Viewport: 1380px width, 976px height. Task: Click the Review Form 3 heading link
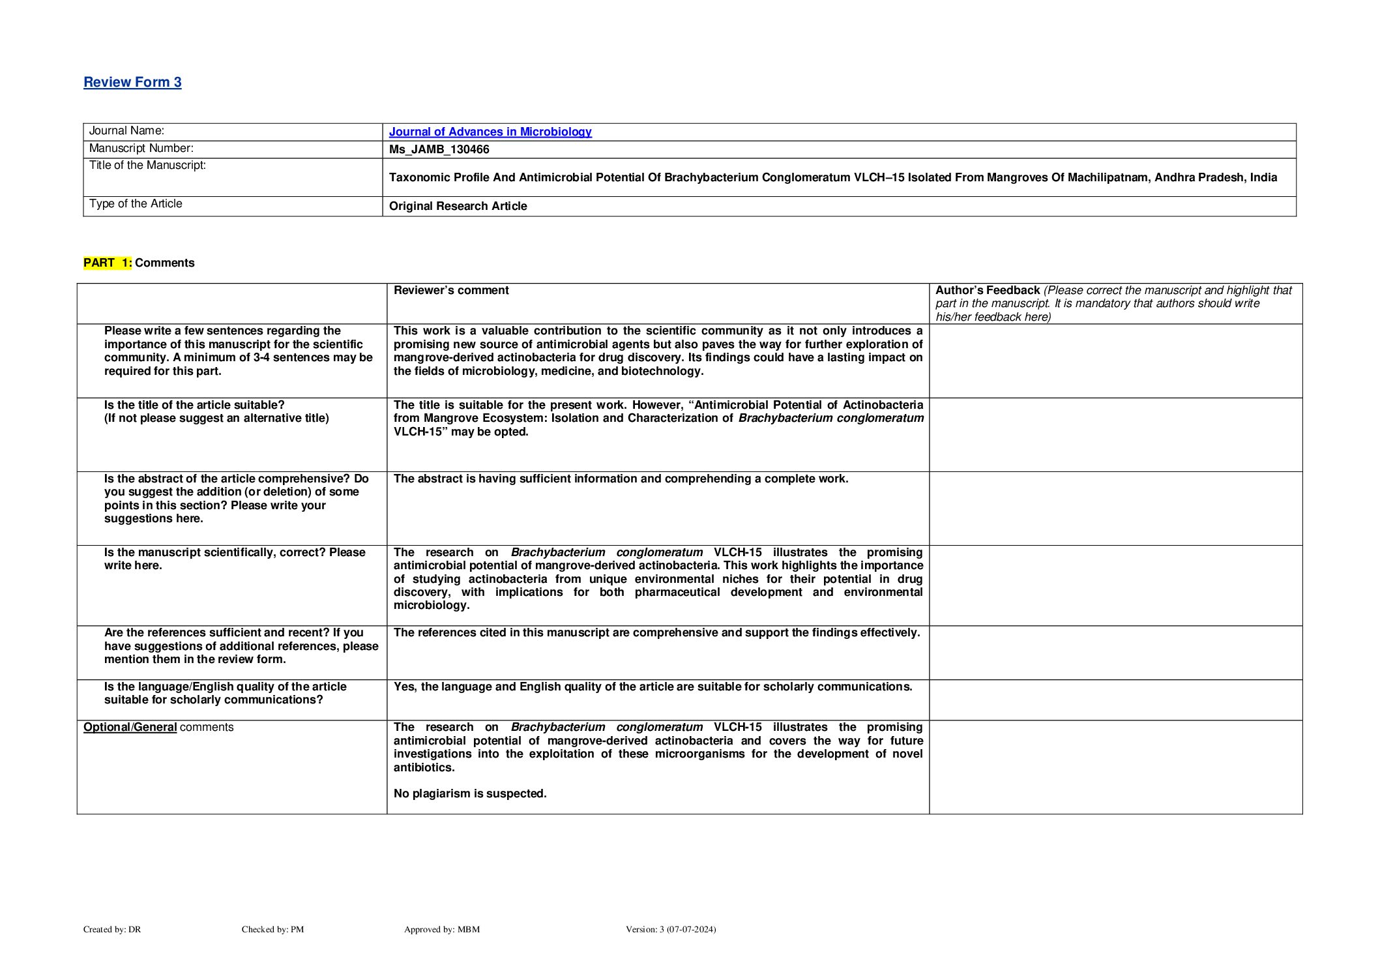pyautogui.click(x=132, y=82)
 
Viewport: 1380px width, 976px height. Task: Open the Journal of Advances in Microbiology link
pyautogui.click(x=490, y=132)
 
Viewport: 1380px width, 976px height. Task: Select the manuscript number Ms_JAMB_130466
pyautogui.click(x=439, y=149)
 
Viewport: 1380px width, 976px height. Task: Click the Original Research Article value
pyautogui.click(x=458, y=206)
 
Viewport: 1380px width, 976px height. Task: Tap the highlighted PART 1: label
pyautogui.click(x=108, y=263)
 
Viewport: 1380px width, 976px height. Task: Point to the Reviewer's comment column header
pyautogui.click(x=451, y=290)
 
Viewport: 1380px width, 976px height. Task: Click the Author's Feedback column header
pyautogui.click(x=987, y=290)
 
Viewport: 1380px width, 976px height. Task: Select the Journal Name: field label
pyautogui.click(x=126, y=131)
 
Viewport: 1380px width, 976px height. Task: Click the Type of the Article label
pyautogui.click(x=136, y=203)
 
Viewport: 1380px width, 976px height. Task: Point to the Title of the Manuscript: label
pyautogui.click(x=147, y=165)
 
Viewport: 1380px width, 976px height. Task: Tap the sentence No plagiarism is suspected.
pyautogui.click(x=470, y=793)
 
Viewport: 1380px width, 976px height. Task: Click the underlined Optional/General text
pyautogui.click(x=130, y=727)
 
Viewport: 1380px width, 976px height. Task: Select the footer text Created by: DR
pyautogui.click(x=112, y=929)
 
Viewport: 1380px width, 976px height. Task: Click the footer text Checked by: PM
pyautogui.click(x=272, y=929)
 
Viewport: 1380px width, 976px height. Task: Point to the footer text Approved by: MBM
pyautogui.click(x=441, y=929)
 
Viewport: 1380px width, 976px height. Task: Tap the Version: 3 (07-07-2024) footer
pyautogui.click(x=670, y=929)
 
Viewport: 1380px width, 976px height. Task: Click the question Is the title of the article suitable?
pyautogui.click(x=194, y=405)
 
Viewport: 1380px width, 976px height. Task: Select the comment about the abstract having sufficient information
pyautogui.click(x=621, y=479)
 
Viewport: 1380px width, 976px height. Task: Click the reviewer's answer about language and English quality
pyautogui.click(x=653, y=687)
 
